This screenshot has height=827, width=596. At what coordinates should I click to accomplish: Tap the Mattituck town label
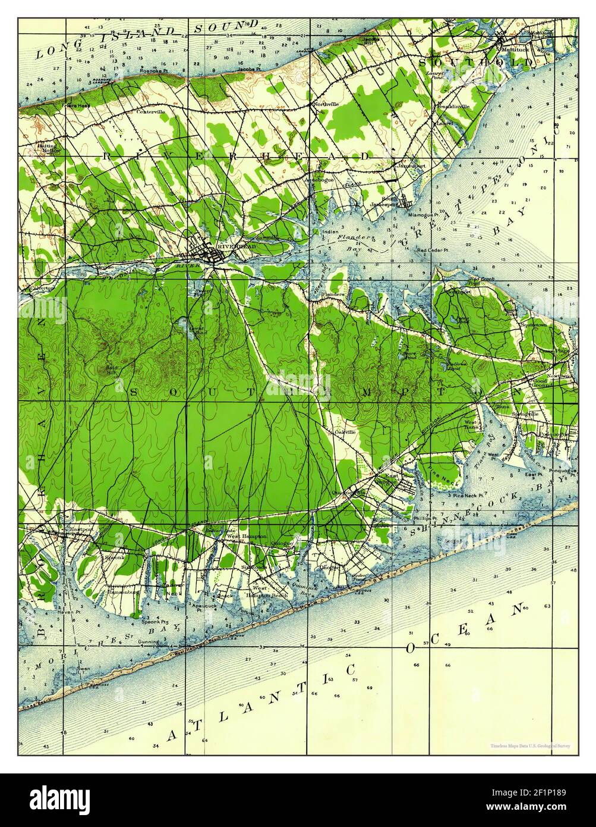513,48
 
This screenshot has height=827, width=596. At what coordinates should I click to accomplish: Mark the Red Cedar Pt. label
432,249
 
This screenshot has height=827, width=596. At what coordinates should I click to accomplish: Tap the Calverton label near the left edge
39,289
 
